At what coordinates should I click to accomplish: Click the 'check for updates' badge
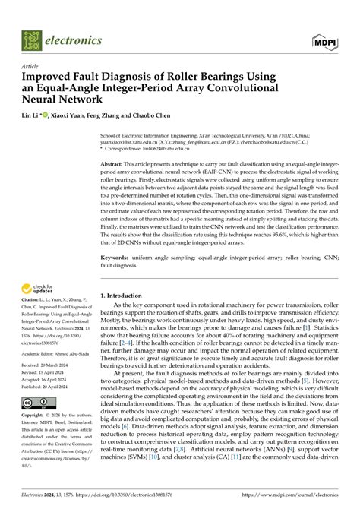[x=39, y=289]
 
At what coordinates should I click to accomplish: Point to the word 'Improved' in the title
[x=50, y=77]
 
